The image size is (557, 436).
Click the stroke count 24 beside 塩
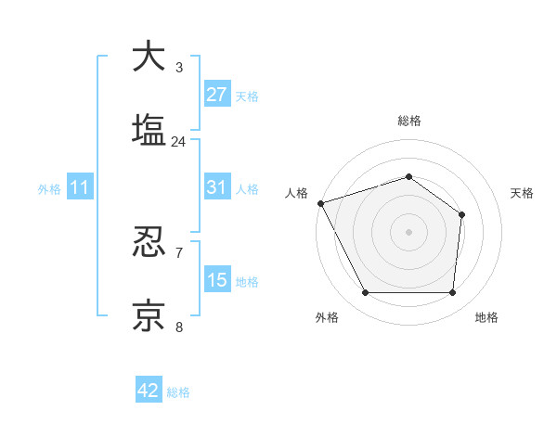(178, 142)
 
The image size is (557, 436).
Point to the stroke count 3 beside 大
(178, 68)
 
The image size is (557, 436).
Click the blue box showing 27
(217, 94)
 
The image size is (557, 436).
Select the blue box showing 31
(217, 186)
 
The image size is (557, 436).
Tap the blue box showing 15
(217, 279)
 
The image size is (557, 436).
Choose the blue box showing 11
(80, 186)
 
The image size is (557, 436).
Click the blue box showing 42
(149, 391)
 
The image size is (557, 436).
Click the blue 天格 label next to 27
(247, 96)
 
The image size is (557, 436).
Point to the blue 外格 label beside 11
(49, 188)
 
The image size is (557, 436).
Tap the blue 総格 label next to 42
(178, 392)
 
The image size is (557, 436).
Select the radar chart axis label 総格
(408, 121)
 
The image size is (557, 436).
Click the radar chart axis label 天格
(523, 193)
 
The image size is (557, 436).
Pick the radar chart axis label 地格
(486, 317)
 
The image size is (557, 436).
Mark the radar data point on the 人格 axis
(320, 203)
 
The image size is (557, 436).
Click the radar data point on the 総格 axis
(408, 176)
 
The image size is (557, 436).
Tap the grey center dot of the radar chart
(408, 232)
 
